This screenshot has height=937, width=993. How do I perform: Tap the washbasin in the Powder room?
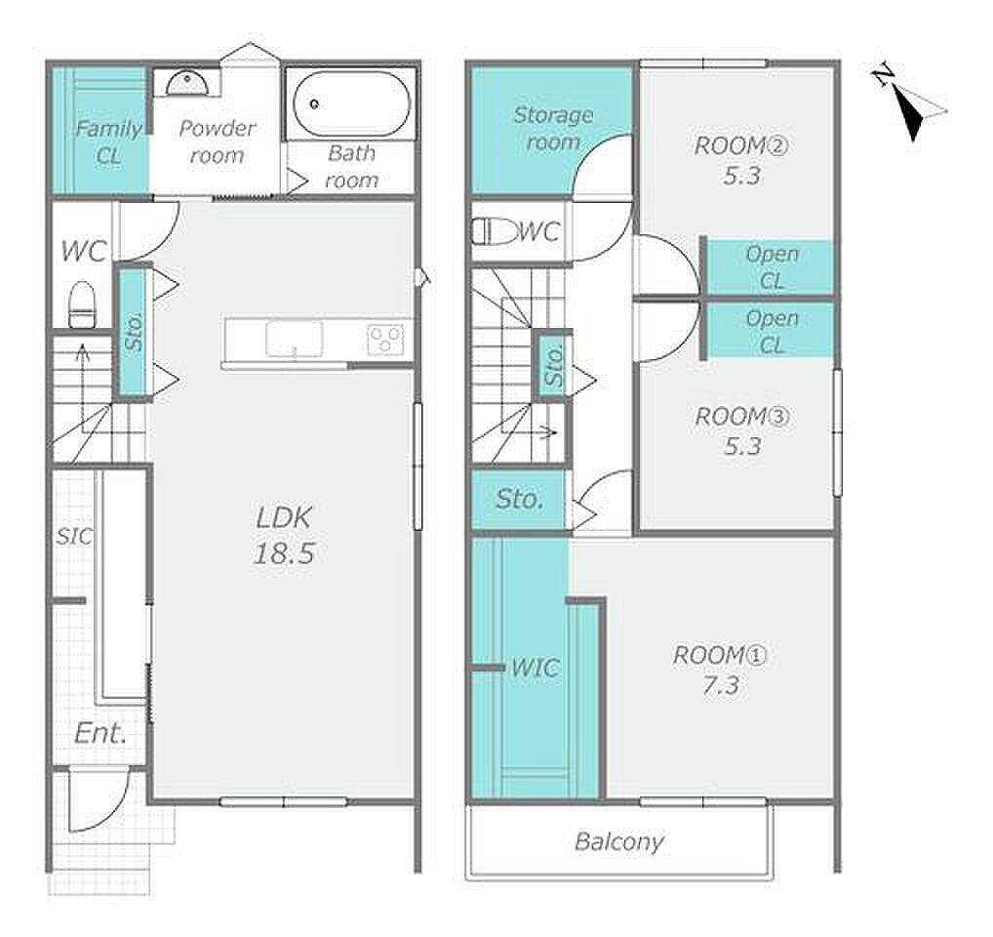tap(187, 83)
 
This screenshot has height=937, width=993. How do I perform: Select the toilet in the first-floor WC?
tap(82, 305)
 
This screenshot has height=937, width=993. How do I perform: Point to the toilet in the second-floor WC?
tap(496, 231)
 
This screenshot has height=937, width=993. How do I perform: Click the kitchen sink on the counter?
tap(294, 339)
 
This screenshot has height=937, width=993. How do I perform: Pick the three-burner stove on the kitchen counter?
tap(385, 339)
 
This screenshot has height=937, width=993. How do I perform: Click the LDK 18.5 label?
tap(285, 535)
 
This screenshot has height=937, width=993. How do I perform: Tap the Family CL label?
tap(108, 142)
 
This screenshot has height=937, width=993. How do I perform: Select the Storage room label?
tap(553, 128)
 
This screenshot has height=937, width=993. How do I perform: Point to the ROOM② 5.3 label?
tap(741, 160)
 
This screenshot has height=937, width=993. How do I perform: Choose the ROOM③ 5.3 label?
tap(742, 430)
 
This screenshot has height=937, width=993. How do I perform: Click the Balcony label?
tap(619, 841)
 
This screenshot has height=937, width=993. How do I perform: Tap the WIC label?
tap(536, 668)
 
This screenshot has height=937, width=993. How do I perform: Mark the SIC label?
tap(74, 537)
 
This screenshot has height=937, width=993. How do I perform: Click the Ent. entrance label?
tap(100, 734)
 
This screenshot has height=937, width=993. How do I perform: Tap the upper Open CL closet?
tap(770, 266)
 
